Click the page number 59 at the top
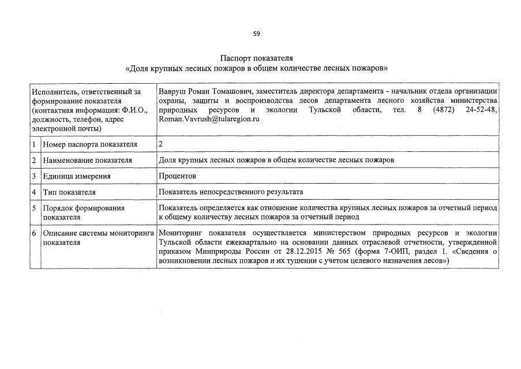(257, 33)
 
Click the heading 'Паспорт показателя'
(257, 58)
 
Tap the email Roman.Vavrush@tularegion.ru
(209, 118)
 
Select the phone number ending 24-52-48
(481, 109)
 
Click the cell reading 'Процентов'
(178, 176)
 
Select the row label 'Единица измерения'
(77, 176)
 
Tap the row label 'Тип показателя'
(69, 192)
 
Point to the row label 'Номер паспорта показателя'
(89, 144)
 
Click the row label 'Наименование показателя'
(87, 160)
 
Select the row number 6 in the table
(35, 233)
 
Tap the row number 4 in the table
(35, 192)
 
